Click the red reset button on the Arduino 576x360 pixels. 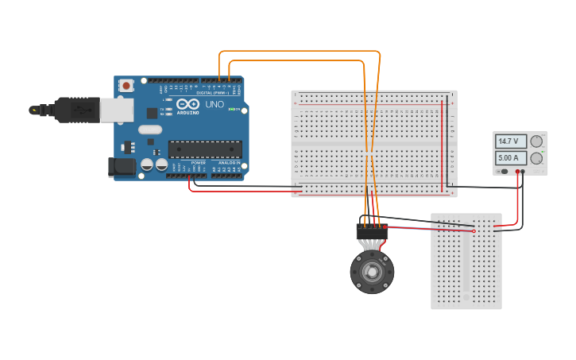126,86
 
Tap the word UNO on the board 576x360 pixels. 215,104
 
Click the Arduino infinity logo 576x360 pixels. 188,105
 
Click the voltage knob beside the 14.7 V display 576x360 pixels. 537,141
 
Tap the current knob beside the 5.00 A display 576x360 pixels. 537,158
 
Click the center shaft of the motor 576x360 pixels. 372,272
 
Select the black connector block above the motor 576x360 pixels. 372,231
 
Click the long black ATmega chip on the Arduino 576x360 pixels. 205,149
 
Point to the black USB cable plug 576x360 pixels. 76,110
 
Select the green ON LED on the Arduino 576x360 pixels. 231,109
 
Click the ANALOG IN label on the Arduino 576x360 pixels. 229,163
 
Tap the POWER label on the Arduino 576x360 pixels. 198,163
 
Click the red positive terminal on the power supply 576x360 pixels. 517,171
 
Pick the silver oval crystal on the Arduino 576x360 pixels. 149,130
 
